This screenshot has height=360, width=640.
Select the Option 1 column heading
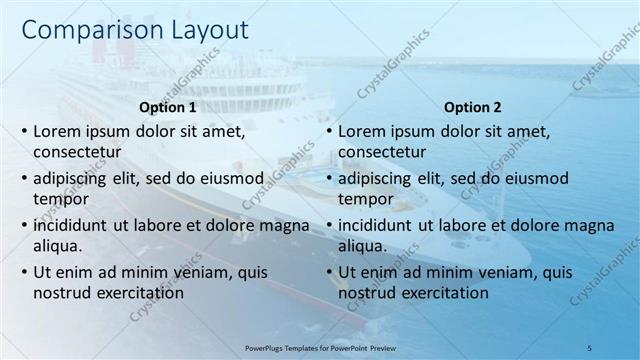[166, 107]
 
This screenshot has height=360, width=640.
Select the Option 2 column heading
[473, 107]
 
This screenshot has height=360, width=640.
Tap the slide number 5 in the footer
[589, 345]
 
